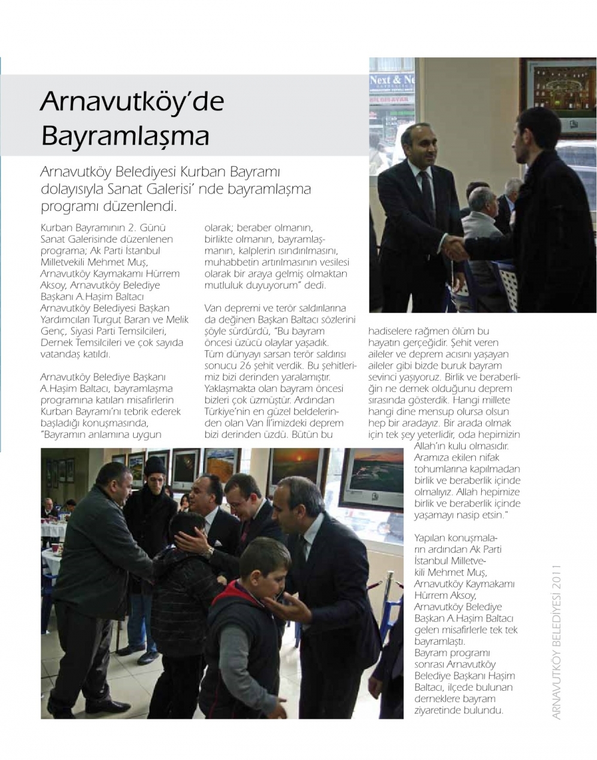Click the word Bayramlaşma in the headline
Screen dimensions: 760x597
point(125,136)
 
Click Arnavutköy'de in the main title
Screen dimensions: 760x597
point(132,102)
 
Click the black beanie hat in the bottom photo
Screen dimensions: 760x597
point(155,465)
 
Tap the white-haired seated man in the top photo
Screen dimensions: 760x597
point(482,206)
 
